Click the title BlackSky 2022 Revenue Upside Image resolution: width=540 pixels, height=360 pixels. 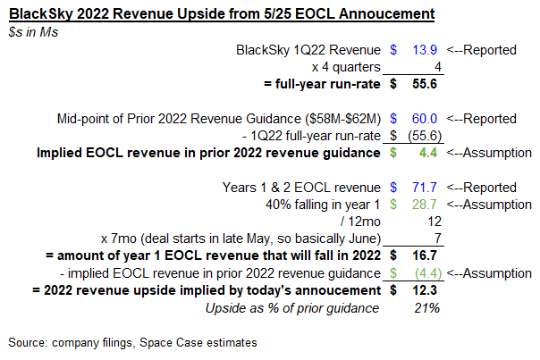point(223,14)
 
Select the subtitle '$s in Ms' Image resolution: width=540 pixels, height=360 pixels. point(32,31)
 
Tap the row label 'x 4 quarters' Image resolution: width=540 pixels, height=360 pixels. point(345,67)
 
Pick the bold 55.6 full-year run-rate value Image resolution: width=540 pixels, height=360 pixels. point(423,84)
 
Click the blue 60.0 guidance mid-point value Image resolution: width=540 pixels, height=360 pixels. point(423,119)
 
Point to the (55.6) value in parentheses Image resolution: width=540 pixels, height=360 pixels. point(421,136)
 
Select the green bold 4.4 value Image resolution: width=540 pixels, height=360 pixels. point(426,153)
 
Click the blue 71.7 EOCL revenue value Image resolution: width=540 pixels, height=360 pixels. point(423,188)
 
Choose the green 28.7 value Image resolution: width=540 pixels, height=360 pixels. point(423,205)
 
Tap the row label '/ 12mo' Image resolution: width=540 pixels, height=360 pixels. point(359,222)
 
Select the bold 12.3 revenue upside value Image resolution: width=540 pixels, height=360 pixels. point(423,290)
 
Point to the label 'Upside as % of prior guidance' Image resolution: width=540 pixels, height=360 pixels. point(291,308)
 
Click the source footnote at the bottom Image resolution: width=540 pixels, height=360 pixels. point(131,343)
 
